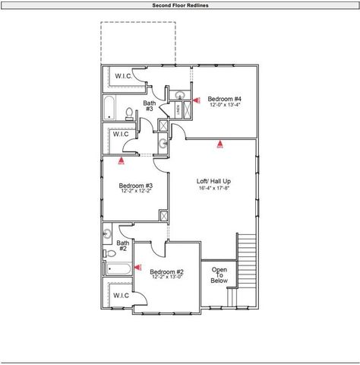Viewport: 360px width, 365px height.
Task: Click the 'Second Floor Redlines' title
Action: [x=180, y=5]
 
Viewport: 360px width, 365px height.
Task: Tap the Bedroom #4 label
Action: [x=225, y=99]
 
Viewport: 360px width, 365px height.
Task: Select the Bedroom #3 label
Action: [x=136, y=186]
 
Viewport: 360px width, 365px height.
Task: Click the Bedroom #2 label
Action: [x=166, y=271]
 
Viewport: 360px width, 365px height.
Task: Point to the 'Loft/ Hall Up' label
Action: [x=213, y=181]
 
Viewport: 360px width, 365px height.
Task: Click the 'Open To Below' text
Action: [x=219, y=275]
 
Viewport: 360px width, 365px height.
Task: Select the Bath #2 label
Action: [x=122, y=245]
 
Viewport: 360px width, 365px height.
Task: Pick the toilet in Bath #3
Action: [x=131, y=114]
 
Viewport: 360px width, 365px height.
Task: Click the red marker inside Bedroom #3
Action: [x=122, y=160]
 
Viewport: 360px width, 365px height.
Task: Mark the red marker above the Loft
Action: [x=219, y=144]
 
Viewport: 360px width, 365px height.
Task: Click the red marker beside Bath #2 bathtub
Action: [x=137, y=267]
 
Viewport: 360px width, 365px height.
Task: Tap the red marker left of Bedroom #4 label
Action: [x=197, y=99]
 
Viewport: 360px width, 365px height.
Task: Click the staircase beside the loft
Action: [x=248, y=259]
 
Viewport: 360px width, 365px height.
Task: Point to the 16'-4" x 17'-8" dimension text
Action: [x=213, y=188]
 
